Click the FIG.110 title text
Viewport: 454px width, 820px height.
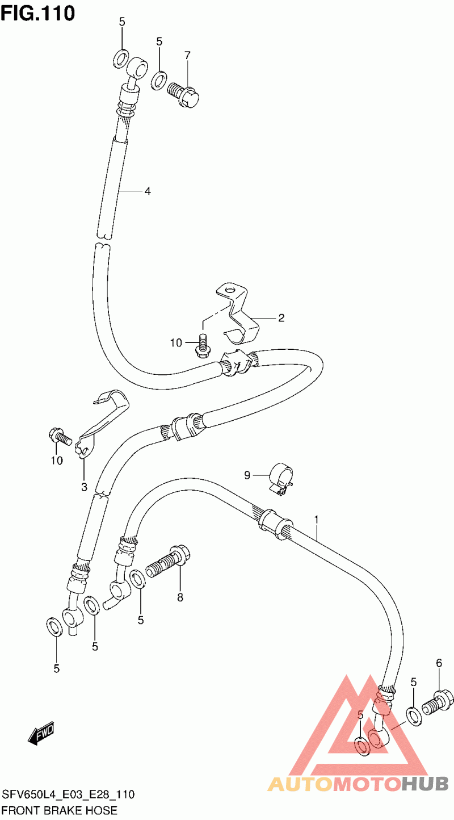point(37,12)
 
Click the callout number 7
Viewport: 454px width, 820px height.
point(187,56)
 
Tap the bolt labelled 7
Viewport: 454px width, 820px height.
point(183,94)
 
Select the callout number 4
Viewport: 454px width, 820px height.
point(148,191)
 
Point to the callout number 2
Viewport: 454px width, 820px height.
point(281,318)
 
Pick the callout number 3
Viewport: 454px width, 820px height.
point(84,487)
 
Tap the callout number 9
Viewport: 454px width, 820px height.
point(247,475)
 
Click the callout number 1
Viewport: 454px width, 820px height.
point(316,520)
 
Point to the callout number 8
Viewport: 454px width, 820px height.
point(180,598)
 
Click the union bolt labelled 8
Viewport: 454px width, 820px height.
point(168,562)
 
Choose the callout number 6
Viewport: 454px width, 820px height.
point(439,663)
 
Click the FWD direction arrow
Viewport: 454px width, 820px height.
point(41,733)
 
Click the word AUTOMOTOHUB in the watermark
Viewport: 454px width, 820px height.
point(358,784)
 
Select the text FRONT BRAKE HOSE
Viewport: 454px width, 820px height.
point(60,810)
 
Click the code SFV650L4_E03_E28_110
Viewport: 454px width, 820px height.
point(69,794)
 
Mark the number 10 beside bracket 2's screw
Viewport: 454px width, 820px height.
point(176,342)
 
